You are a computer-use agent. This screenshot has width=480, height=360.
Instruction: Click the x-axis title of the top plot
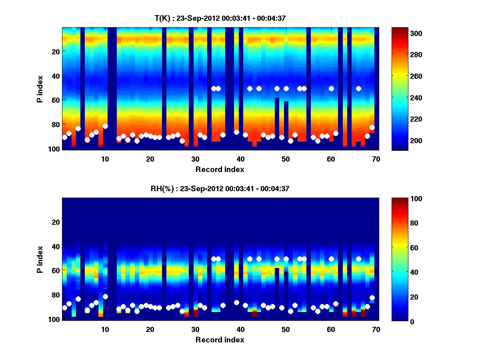click(x=220, y=169)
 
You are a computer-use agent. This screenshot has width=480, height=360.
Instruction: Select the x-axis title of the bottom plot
click(x=220, y=340)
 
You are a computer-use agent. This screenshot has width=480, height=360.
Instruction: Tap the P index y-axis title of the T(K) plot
click(x=40, y=88)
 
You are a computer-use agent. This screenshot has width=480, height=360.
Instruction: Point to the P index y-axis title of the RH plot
click(x=40, y=259)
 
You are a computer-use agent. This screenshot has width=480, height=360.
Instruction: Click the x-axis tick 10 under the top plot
click(x=105, y=159)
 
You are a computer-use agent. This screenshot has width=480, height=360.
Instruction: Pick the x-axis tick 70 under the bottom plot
click(x=376, y=329)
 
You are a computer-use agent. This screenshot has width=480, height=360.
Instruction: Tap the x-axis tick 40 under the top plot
click(x=240, y=159)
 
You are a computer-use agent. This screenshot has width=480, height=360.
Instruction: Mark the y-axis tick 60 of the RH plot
click(x=55, y=270)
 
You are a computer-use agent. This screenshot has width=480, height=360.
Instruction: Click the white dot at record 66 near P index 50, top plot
click(x=358, y=88)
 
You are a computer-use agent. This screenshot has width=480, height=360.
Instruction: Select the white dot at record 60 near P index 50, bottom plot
click(x=331, y=259)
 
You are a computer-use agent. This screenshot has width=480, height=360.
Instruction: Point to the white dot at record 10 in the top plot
click(x=105, y=126)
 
